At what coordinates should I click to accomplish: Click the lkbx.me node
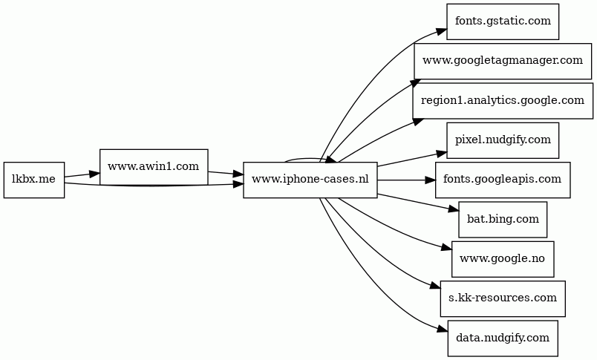point(33,180)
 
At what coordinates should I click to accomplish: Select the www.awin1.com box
point(153,166)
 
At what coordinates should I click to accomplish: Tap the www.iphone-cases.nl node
point(310,180)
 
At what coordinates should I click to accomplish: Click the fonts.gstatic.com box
point(502,21)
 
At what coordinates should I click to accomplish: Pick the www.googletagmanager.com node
point(502,60)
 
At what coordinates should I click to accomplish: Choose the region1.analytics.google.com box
point(502,100)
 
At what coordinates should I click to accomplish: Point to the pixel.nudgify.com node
point(502,140)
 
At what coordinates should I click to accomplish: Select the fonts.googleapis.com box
point(502,180)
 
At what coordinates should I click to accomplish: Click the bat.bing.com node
point(502,219)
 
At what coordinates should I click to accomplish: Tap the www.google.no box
point(502,258)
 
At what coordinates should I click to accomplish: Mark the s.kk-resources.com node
point(502,298)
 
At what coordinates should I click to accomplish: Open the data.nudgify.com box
point(502,338)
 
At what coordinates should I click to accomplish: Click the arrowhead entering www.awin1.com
point(94,174)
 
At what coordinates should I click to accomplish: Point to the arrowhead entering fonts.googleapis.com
point(428,180)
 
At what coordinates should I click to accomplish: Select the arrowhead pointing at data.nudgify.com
point(442,330)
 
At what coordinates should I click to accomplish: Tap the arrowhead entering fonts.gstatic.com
point(441,30)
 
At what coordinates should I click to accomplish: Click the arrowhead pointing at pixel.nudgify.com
point(441,152)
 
